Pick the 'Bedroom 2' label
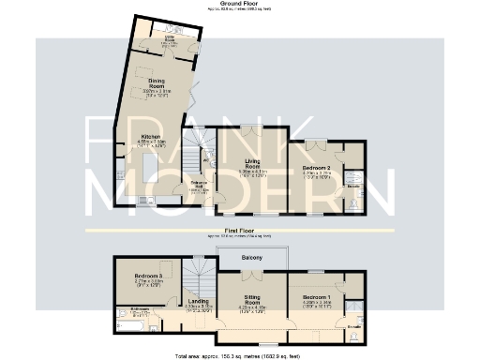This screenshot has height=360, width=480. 317,169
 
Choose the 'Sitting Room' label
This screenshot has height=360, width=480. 253,301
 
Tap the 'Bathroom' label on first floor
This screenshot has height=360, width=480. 139,308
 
